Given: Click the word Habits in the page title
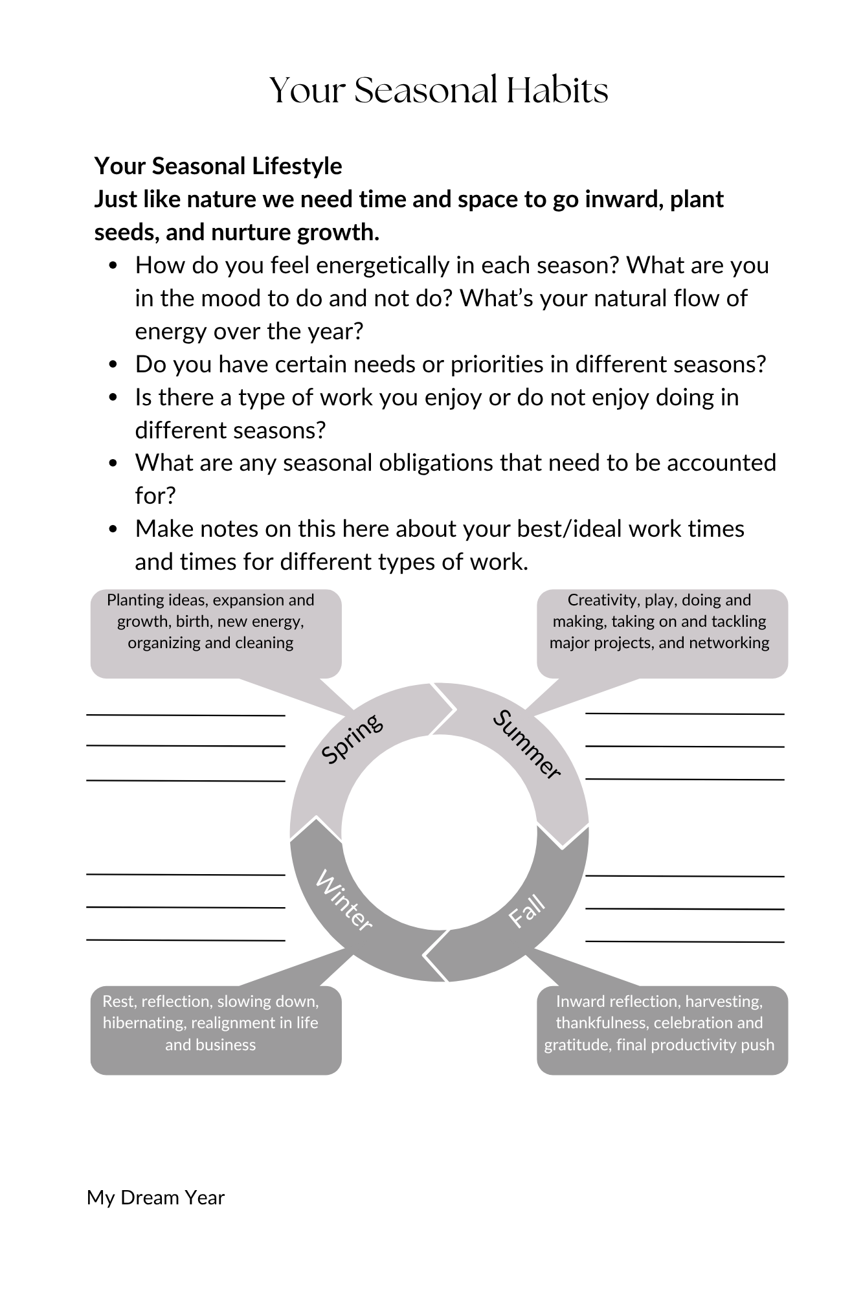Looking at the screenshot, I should coord(557,90).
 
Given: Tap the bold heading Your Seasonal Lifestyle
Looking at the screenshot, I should coord(218,166).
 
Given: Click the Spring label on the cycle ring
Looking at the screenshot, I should coord(352,739).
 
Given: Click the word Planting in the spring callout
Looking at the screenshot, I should coord(133,600).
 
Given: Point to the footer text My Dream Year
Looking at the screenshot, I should coord(155,1198).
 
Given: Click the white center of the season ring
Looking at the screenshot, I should coord(439,832).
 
